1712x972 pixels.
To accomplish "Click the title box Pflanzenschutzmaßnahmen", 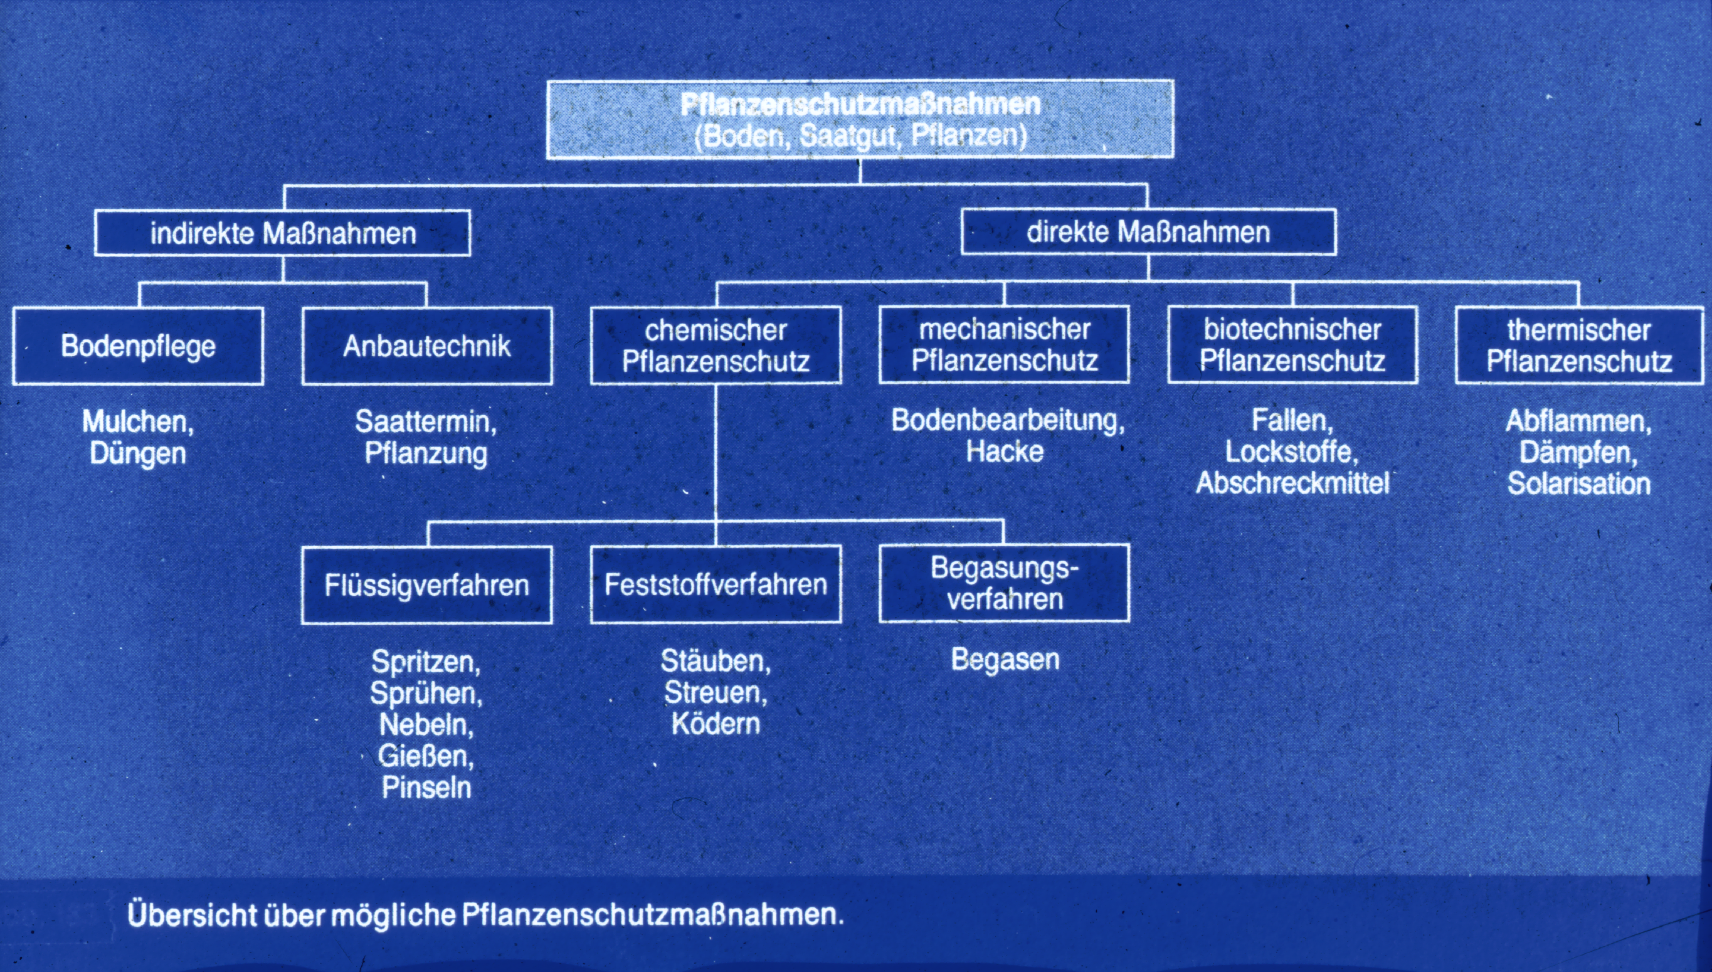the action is [x=860, y=120].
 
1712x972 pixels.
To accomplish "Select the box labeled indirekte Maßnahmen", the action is [x=282, y=233].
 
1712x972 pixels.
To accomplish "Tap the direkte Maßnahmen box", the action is [x=1148, y=231].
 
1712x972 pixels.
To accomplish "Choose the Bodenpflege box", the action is [x=138, y=346].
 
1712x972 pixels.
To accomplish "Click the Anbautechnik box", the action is [x=427, y=346].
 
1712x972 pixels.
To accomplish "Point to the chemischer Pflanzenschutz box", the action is [x=716, y=345].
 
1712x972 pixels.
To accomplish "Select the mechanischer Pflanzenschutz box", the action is [x=1005, y=344].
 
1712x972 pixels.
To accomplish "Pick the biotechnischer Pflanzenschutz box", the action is [x=1293, y=344].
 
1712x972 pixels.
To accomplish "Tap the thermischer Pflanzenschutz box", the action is [x=1579, y=345].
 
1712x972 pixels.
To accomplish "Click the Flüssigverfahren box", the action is [x=426, y=586].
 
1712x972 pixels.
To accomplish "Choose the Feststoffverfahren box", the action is [x=716, y=584].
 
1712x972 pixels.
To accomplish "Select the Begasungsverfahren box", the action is [x=1005, y=583].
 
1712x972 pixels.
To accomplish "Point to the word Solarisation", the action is [x=1578, y=483].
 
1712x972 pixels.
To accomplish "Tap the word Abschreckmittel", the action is [x=1292, y=483].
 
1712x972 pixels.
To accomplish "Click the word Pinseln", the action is [x=426, y=788].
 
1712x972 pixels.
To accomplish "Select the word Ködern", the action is [x=716, y=724].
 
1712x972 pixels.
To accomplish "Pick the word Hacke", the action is [x=1005, y=452].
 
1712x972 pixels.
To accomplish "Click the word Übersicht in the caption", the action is [x=193, y=914].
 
